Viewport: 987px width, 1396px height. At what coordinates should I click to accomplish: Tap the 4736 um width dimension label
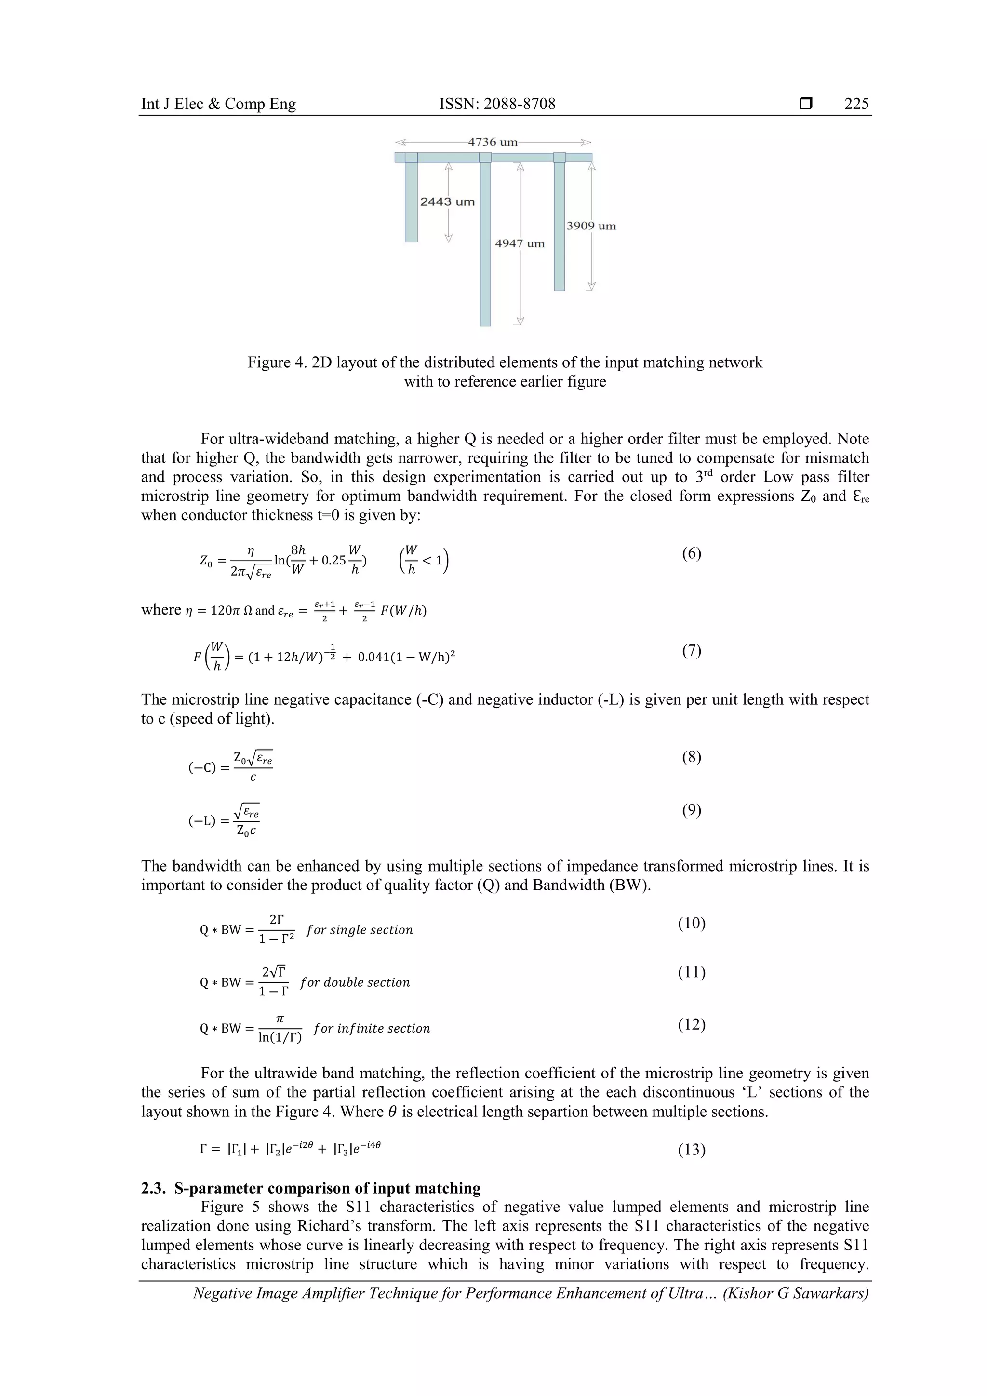point(492,142)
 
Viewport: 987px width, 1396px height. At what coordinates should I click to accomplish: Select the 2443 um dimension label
point(447,202)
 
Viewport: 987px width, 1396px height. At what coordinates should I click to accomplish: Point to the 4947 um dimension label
point(520,244)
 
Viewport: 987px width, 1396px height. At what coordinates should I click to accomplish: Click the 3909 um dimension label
point(591,226)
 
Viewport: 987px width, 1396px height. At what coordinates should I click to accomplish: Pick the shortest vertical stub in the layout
point(412,201)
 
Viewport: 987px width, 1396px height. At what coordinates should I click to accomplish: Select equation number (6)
point(691,553)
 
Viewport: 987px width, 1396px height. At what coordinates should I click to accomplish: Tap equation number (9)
point(691,810)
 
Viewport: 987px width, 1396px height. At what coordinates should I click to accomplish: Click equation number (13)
point(691,1150)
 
